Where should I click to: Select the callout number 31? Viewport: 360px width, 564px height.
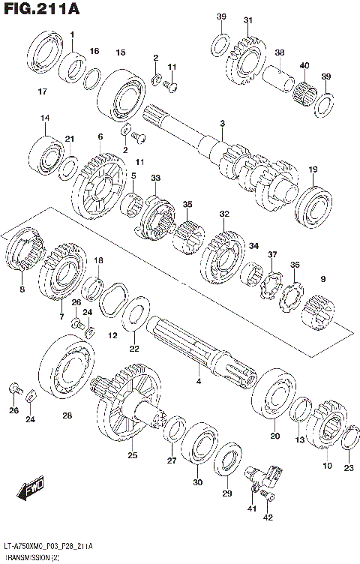tap(247, 20)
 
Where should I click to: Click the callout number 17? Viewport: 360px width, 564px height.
tap(42, 91)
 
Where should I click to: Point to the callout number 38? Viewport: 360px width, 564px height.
tap(279, 52)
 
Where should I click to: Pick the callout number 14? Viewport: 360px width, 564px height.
tap(45, 118)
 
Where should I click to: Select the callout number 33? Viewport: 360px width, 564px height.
tap(155, 178)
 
